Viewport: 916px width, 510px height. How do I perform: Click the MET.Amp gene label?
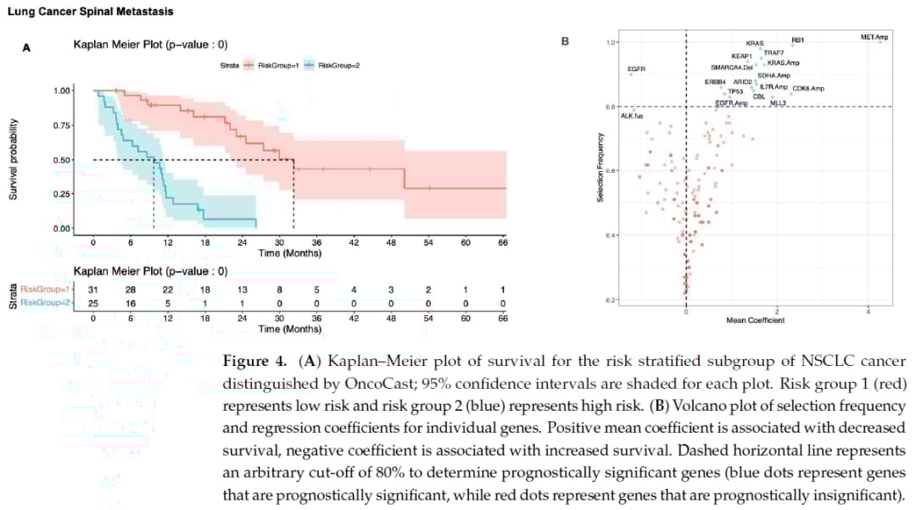click(874, 36)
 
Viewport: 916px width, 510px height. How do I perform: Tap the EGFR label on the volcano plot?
click(636, 68)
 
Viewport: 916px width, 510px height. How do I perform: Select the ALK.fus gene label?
click(632, 115)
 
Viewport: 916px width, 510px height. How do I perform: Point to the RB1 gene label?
click(797, 40)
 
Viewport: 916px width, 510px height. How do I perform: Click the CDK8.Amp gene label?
click(808, 88)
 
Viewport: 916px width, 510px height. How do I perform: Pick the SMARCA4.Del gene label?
click(732, 67)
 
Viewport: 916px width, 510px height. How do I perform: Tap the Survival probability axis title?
click(14, 160)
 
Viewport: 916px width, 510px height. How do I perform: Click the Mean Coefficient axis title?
click(755, 319)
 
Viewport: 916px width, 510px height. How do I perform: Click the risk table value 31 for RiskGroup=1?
click(93, 290)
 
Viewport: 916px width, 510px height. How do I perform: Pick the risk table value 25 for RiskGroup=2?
click(93, 302)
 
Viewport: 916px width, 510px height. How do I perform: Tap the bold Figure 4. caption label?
click(254, 362)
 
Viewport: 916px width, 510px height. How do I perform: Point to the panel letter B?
click(566, 41)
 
